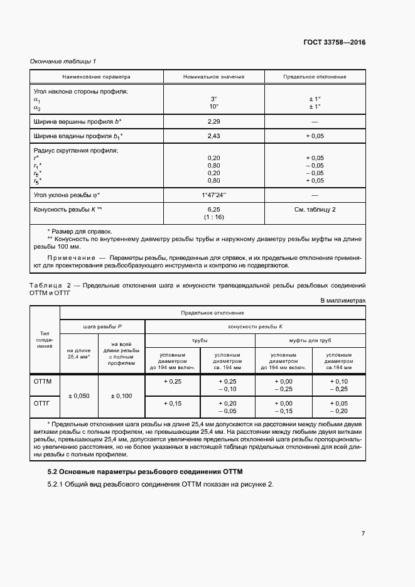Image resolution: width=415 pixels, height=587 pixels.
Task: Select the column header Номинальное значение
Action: (x=213, y=77)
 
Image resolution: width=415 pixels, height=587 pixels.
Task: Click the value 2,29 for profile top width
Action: (x=213, y=121)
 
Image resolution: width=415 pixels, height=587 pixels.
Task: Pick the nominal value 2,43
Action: (x=213, y=136)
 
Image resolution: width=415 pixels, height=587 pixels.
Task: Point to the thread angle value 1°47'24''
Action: (x=213, y=195)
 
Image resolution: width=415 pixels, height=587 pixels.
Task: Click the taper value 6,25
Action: (x=213, y=210)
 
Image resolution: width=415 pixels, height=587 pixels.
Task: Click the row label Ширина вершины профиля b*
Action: (x=77, y=121)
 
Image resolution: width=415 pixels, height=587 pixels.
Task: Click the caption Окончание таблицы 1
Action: (x=63, y=61)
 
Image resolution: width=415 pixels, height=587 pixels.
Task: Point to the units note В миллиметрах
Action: (x=343, y=301)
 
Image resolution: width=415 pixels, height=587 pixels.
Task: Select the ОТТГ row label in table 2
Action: (x=41, y=403)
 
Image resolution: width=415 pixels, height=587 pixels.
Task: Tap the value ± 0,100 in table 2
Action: (x=122, y=396)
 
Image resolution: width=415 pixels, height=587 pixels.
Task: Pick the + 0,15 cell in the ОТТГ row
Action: (x=173, y=403)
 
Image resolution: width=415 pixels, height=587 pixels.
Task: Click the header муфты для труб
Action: (x=310, y=340)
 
